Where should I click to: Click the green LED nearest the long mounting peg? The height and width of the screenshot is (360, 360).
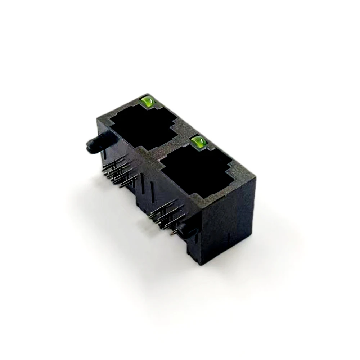tap(147, 102)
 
